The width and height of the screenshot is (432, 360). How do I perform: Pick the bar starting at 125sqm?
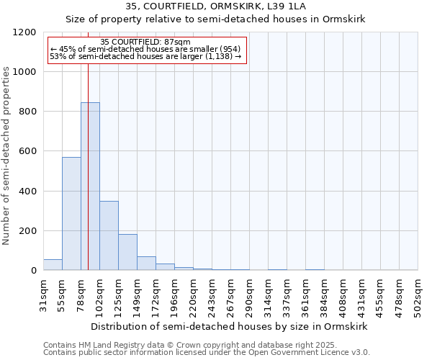127,252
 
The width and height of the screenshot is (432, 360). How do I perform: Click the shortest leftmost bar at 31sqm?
53,264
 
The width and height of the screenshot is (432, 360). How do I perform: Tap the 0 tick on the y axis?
33,271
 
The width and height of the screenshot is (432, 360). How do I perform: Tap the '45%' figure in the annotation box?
68,49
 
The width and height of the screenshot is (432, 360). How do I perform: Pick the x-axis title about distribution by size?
230,326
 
